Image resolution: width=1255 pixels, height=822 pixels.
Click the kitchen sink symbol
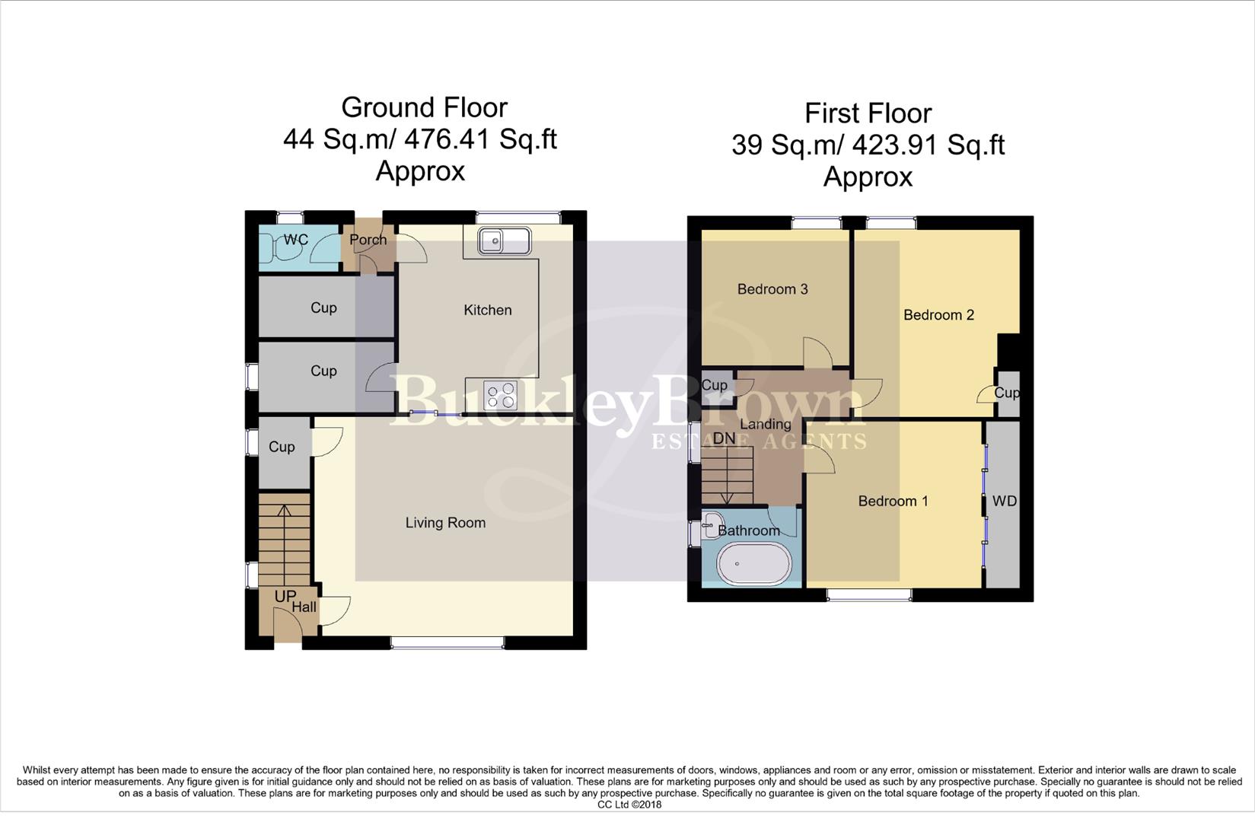coord(504,241)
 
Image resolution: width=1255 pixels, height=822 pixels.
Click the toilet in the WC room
coord(272,248)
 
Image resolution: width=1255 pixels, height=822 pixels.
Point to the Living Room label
coord(445,523)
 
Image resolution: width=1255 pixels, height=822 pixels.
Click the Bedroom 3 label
coord(772,289)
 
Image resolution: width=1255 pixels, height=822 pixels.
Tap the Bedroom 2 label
coord(938,315)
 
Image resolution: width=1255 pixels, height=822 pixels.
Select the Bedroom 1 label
coord(893,501)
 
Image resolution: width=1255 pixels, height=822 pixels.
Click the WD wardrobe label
coord(1004,501)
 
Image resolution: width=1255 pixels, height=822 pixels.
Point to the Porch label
coord(368,240)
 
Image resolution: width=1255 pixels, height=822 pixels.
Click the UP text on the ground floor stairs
coord(285,596)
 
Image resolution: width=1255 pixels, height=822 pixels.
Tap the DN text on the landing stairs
coord(724,438)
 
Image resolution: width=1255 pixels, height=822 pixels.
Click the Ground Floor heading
coord(424,107)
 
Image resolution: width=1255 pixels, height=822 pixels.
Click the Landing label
coord(766,424)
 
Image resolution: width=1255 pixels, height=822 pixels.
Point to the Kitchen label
coord(488,310)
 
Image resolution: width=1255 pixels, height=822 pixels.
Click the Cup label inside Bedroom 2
coord(1006,393)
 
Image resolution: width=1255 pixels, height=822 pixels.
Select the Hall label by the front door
coord(304,607)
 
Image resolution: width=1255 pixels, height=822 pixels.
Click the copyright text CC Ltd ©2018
coord(629,804)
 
